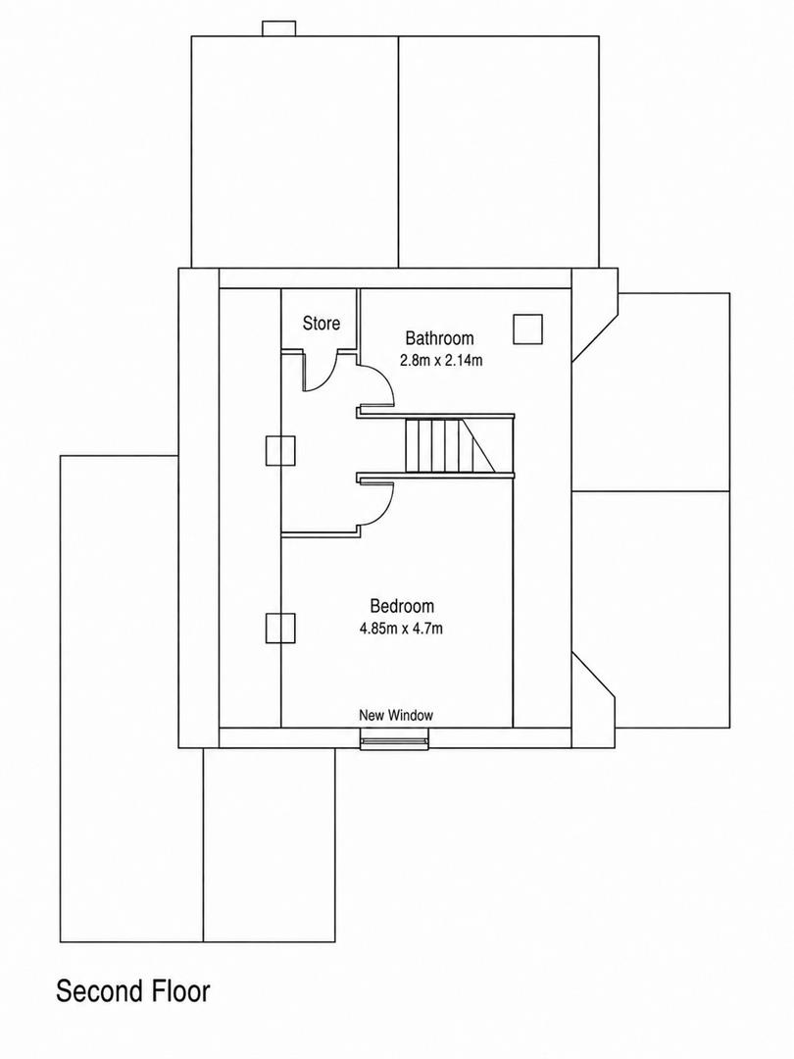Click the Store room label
[321, 324]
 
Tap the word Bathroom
[439, 337]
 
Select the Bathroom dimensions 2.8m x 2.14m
[441, 360]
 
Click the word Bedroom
[402, 606]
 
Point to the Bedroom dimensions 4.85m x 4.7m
[401, 629]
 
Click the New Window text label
[396, 715]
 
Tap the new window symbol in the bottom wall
[394, 743]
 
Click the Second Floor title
[133, 991]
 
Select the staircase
[450, 446]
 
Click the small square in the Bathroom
[527, 328]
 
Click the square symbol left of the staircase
[280, 450]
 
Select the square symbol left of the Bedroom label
[280, 628]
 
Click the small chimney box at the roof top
[278, 28]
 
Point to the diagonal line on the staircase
[478, 446]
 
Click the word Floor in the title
[179, 991]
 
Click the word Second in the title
[99, 991]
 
